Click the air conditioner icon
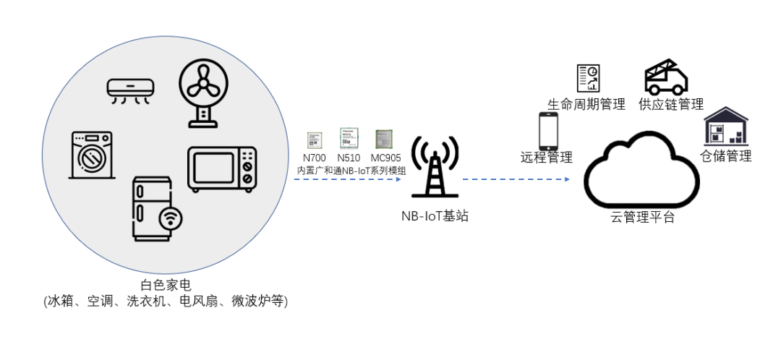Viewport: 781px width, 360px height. (130, 90)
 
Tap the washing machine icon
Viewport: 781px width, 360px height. (92, 155)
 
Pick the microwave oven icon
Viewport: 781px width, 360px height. (222, 169)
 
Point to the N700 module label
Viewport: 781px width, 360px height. (314, 158)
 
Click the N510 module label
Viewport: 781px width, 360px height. (349, 158)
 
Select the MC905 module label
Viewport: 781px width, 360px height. (385, 158)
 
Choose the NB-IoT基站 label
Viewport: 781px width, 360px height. (435, 215)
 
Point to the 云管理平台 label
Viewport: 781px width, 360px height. (642, 218)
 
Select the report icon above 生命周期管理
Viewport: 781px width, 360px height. (587, 79)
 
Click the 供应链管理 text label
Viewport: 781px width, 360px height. (670, 105)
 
